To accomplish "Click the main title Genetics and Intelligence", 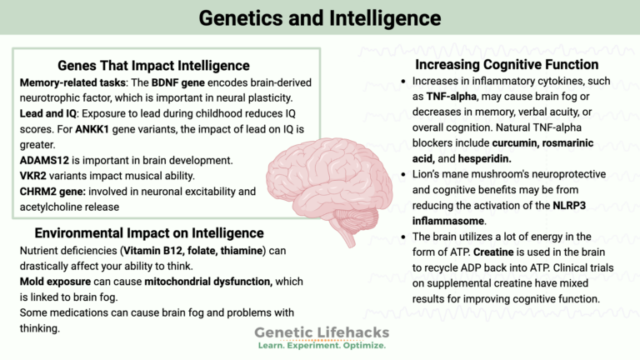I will point(320,17).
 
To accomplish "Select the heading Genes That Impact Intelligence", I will point(155,65).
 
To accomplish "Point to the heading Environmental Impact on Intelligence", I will point(149,232).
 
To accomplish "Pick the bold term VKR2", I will point(33,175).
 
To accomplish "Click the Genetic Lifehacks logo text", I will point(322,332).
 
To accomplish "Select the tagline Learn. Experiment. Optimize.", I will point(322,345).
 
